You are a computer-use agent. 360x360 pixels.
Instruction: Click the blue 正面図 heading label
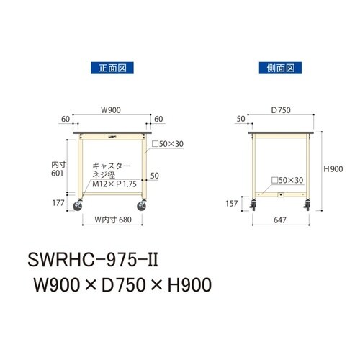(112, 68)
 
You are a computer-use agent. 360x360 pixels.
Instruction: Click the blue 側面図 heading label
(280, 68)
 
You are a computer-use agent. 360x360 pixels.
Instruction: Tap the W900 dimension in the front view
(111, 110)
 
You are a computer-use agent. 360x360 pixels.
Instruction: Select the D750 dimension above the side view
(281, 110)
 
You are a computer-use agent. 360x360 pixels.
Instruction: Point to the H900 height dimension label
(333, 169)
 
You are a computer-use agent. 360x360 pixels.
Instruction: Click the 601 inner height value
(57, 174)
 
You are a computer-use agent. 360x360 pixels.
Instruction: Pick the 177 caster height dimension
(58, 203)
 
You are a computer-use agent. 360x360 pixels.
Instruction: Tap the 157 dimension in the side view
(232, 204)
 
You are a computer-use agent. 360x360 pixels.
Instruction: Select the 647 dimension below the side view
(280, 220)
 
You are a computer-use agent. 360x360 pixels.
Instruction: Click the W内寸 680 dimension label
(113, 220)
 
